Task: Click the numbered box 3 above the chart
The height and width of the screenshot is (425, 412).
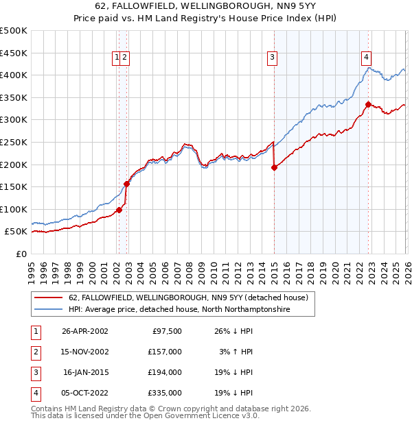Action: (273, 58)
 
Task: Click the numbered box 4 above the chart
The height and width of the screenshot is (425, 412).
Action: (367, 58)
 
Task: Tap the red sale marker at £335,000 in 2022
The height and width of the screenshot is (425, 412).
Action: (369, 104)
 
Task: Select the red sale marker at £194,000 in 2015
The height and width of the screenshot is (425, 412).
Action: (274, 167)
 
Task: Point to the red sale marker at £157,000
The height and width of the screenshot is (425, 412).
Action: (126, 183)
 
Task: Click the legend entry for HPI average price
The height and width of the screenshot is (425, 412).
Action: (179, 310)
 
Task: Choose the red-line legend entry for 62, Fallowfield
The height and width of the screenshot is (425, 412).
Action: (192, 297)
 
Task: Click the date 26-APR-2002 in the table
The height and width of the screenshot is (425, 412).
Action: (84, 331)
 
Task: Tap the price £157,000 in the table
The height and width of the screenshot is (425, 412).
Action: (165, 352)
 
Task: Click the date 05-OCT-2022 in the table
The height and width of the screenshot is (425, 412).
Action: (84, 393)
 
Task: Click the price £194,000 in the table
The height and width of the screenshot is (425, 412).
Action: (165, 372)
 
